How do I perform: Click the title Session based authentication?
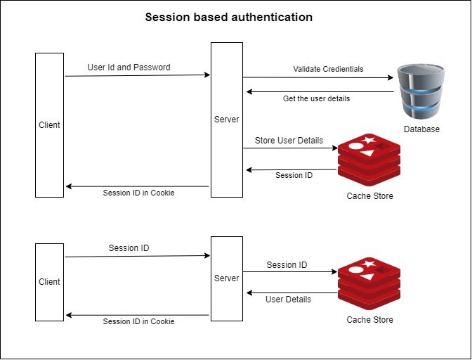tap(228, 17)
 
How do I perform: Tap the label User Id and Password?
tap(129, 67)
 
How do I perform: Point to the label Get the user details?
tap(316, 98)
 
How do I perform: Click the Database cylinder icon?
tap(421, 91)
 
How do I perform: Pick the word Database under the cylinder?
tap(421, 129)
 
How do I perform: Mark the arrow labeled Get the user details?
tap(319, 90)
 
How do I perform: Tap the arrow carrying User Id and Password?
tap(138, 75)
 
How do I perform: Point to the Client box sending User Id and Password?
tap(50, 124)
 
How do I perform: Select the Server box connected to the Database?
tap(227, 120)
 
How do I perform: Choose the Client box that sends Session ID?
tap(50, 281)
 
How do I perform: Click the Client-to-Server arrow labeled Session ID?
tap(138, 257)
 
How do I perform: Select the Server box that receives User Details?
tap(227, 278)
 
